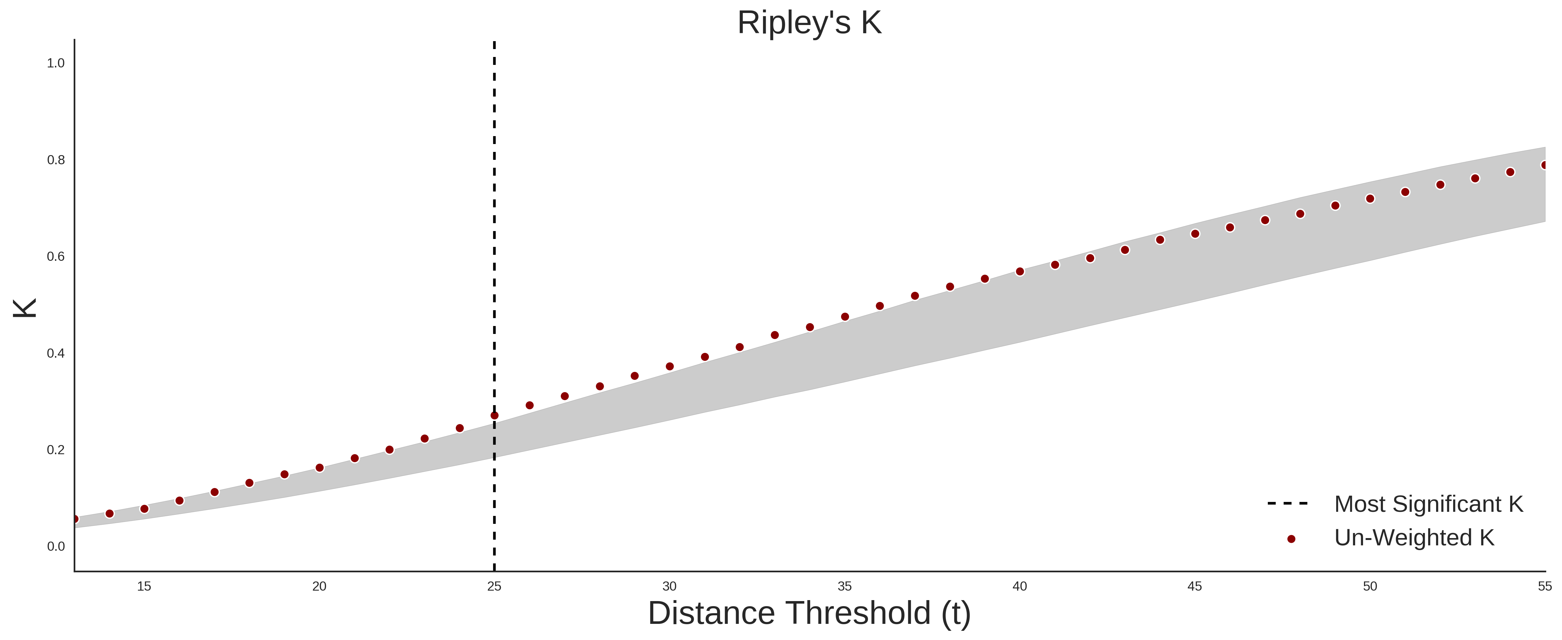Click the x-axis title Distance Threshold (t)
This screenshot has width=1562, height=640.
pyautogui.click(x=809, y=613)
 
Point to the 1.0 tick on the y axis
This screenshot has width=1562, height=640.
pyautogui.click(x=56, y=63)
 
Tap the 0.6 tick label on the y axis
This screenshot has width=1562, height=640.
pyautogui.click(x=56, y=257)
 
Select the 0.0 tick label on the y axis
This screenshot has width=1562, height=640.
pyautogui.click(x=56, y=547)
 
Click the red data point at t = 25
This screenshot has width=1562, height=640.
pyautogui.click(x=494, y=416)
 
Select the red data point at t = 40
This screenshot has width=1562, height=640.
pyautogui.click(x=1020, y=272)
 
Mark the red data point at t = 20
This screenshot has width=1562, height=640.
pyautogui.click(x=319, y=468)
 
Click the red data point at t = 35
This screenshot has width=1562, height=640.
pyautogui.click(x=845, y=317)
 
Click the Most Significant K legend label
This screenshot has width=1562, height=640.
pyautogui.click(x=1429, y=504)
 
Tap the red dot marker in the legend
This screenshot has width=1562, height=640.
pyautogui.click(x=1291, y=539)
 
